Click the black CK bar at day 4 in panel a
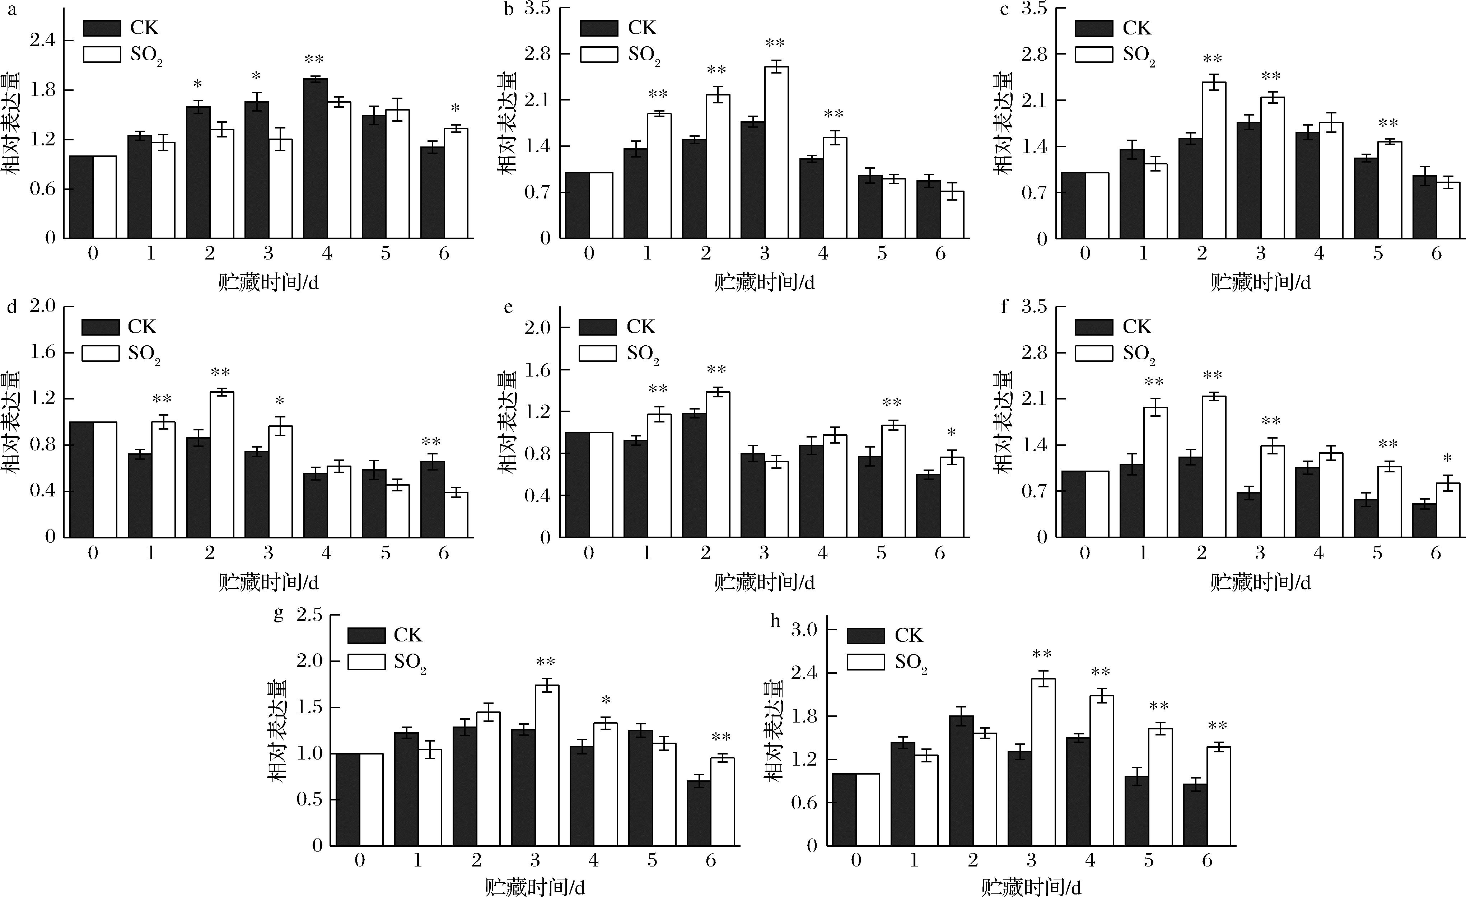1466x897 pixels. tap(315, 158)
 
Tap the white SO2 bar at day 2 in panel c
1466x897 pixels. tap(1214, 160)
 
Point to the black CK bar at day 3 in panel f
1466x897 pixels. tap(1248, 514)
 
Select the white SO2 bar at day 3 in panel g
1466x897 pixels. tap(547, 766)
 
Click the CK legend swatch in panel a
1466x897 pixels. tap(102, 28)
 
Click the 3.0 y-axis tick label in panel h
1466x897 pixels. tap(804, 630)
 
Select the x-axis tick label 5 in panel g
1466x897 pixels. tap(653, 861)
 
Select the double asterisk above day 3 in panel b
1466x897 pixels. tap(775, 43)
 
